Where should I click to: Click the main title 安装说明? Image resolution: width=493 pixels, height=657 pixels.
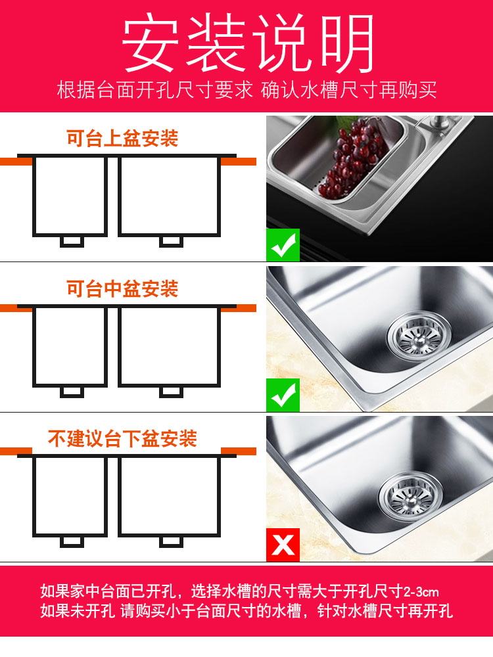point(247,42)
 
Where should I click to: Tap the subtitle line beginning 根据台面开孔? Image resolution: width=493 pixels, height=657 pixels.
point(247,90)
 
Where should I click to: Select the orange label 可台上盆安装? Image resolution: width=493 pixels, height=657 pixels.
point(122,138)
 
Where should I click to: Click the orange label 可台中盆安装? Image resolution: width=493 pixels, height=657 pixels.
point(122,288)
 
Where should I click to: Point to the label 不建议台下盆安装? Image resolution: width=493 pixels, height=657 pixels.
point(122,439)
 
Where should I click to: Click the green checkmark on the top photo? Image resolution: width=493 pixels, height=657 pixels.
point(283,245)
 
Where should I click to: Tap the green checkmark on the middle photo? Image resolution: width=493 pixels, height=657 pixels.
point(283,395)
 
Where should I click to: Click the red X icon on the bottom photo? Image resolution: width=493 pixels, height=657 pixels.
point(283,545)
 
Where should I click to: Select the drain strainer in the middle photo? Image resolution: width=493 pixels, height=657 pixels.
point(419,336)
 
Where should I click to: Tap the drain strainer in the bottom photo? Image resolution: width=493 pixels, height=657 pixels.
point(411,497)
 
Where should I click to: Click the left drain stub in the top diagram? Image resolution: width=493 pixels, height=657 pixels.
point(72,242)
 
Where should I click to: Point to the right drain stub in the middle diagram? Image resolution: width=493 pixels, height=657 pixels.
point(171,392)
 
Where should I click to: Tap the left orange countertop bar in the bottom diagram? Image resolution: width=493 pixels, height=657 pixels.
point(16,451)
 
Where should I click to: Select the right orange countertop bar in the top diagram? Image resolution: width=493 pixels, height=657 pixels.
point(239,162)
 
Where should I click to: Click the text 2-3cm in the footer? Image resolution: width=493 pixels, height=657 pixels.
point(421,592)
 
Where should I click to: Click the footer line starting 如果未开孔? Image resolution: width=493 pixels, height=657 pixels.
point(246,611)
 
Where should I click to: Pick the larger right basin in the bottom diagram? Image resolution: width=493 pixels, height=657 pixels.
point(170,495)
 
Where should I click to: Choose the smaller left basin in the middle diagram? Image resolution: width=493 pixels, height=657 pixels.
point(70,346)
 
